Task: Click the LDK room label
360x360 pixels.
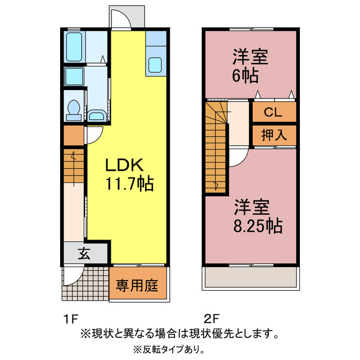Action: click(x=125, y=166)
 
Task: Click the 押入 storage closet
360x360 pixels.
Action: click(x=273, y=134)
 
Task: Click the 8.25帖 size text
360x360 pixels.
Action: click(x=258, y=226)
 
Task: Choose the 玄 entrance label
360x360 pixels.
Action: click(x=84, y=253)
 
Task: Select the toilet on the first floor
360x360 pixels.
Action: click(x=72, y=110)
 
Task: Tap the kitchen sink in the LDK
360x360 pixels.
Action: click(x=155, y=66)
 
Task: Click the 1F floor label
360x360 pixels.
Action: click(x=70, y=320)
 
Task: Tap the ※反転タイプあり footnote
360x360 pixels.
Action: click(x=169, y=349)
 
